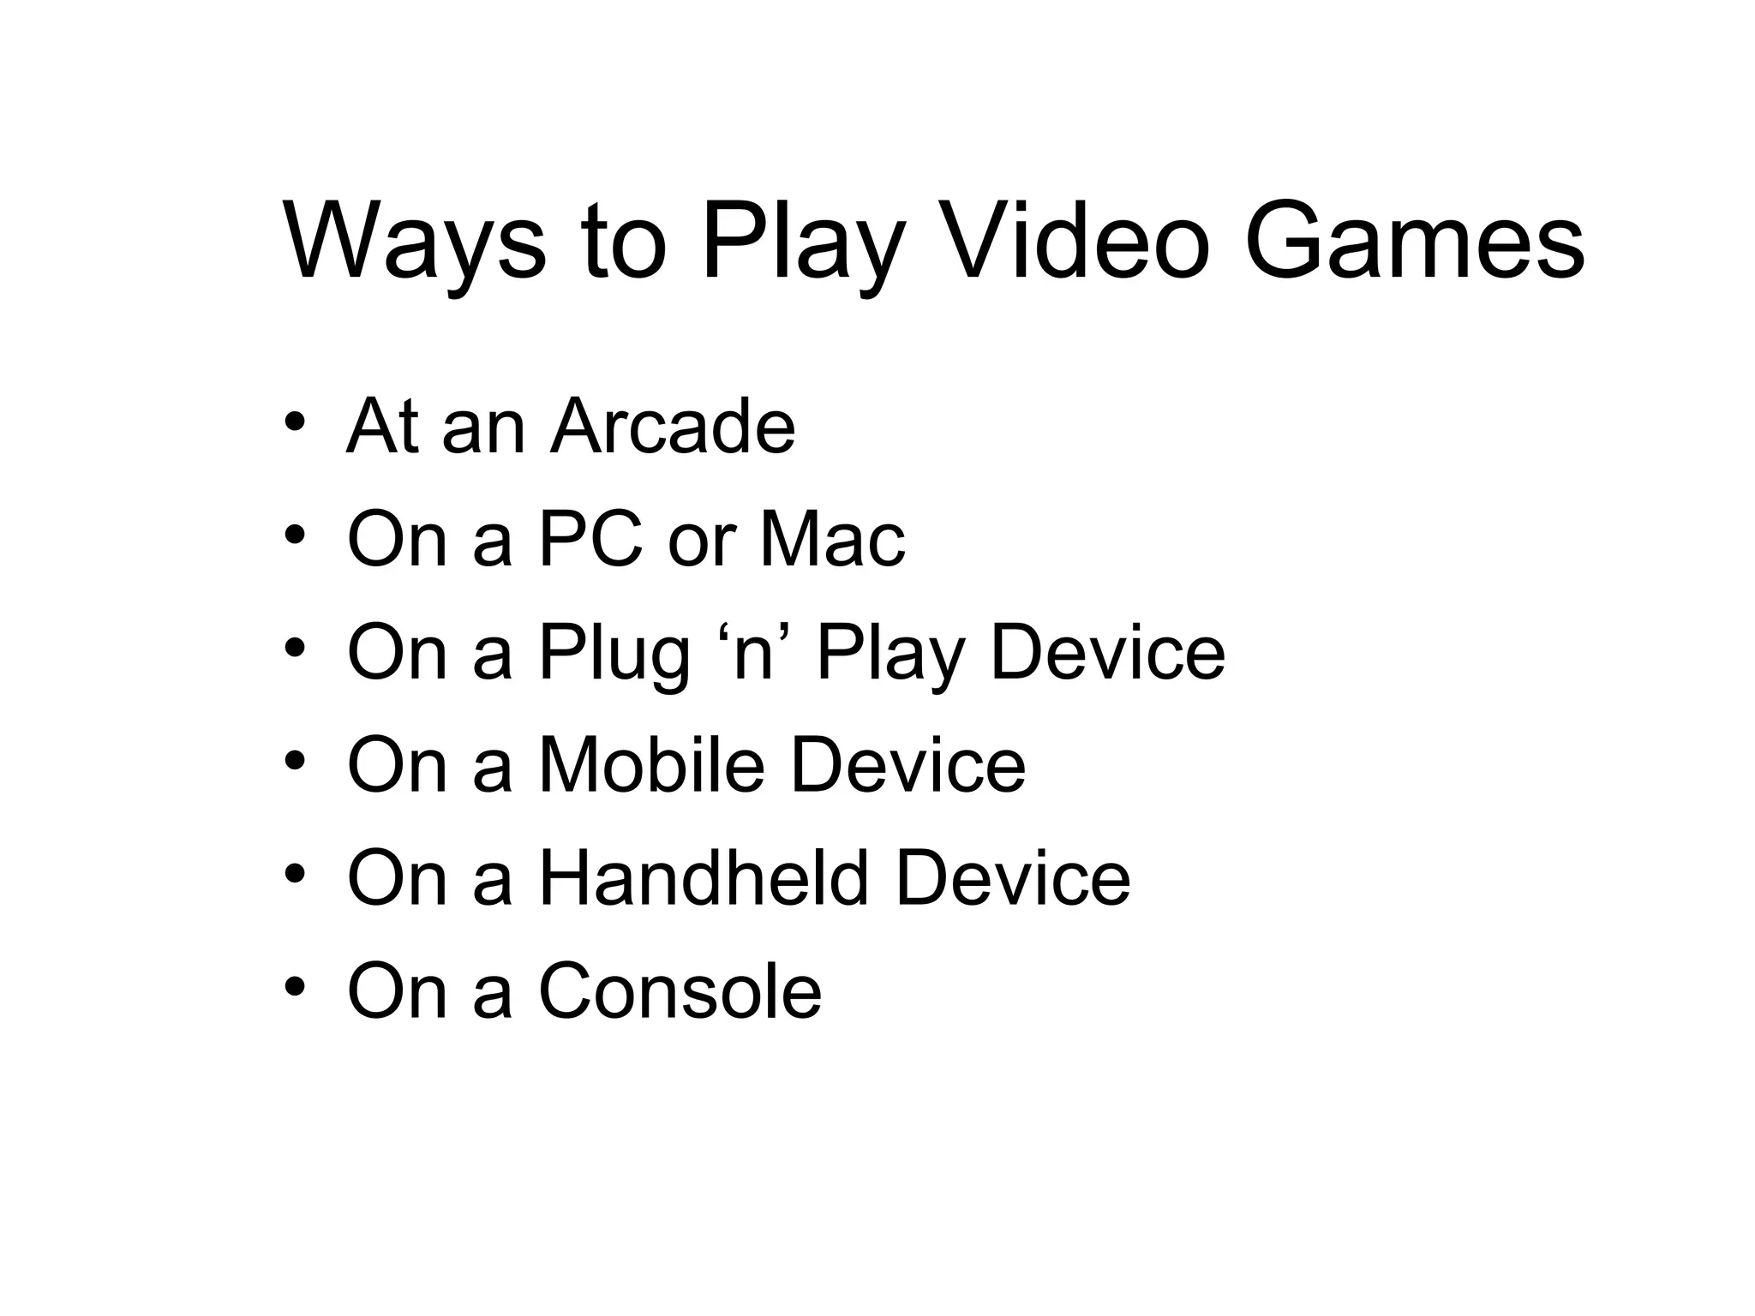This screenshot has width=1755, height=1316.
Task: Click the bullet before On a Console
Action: click(294, 987)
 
